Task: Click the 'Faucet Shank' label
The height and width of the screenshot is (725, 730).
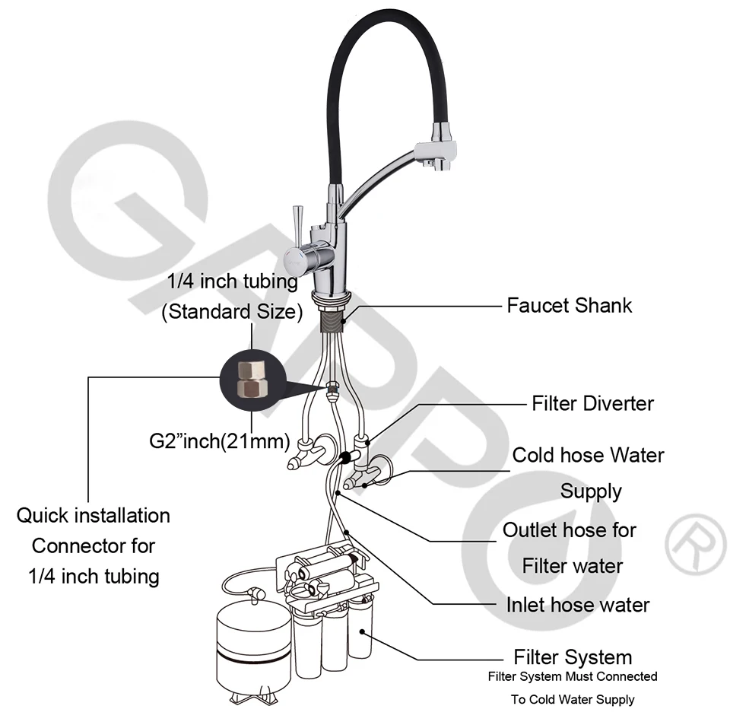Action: coord(569,306)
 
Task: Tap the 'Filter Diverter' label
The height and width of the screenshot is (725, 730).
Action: coord(592,403)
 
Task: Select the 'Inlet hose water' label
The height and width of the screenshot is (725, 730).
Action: coord(578,605)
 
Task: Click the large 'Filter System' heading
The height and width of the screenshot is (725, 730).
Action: coord(573,657)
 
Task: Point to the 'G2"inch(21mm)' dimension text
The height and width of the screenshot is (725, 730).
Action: coord(219,441)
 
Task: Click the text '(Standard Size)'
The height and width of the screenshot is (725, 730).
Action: coord(232,311)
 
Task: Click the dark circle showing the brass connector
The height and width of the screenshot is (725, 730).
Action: coord(252,381)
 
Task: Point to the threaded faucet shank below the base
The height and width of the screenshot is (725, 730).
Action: coord(333,320)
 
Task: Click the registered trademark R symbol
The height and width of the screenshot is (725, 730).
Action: coord(695,545)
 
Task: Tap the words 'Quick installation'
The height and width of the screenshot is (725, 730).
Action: coord(93,516)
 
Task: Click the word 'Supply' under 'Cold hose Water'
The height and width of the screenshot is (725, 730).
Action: coord(591,491)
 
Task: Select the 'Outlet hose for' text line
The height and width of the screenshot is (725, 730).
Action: coord(570,530)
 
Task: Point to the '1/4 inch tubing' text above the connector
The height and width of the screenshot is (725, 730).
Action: coord(233,281)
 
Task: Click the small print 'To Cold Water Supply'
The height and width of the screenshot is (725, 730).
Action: coord(573,699)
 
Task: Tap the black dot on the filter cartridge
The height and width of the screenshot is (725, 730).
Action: coord(362,631)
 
